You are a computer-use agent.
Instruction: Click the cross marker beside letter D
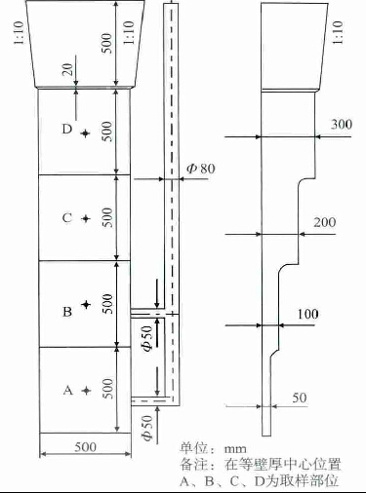point(85,133)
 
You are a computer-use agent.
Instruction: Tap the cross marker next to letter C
point(86,218)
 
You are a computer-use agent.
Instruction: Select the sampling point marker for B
point(86,304)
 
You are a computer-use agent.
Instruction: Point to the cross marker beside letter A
point(86,391)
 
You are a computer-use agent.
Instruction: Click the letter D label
point(67,130)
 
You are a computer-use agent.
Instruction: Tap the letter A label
point(67,390)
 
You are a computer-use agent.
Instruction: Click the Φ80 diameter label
point(201,169)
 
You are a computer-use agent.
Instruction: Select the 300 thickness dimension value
point(342,125)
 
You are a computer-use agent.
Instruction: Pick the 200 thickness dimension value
point(325,222)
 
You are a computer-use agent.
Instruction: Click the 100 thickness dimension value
point(307,314)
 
